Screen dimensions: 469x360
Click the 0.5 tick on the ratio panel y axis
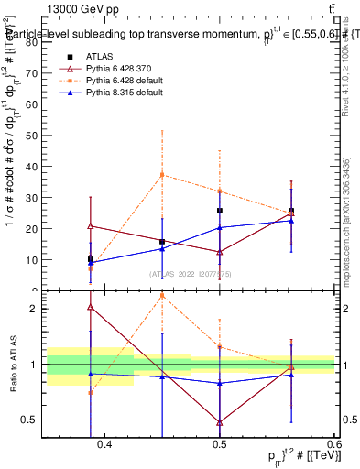(34, 420)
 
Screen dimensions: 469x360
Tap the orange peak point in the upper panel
(162, 174)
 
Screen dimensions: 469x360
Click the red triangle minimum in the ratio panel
(220, 422)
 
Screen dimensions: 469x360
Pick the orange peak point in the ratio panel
(162, 295)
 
